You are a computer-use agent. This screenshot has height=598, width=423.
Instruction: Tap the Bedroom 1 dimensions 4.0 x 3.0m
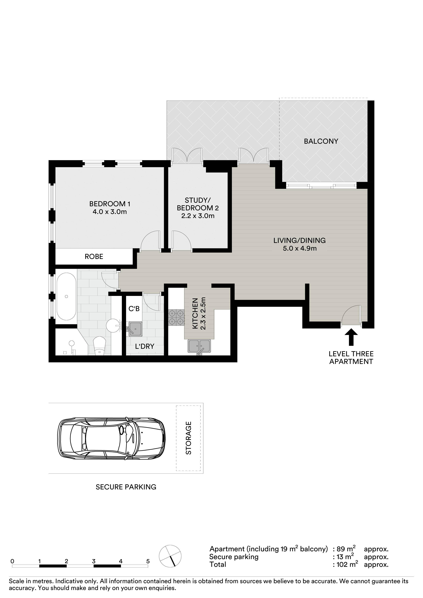[110, 212]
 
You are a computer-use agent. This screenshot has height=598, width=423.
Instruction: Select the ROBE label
[94, 257]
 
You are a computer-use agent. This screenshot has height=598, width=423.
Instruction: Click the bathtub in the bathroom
[66, 296]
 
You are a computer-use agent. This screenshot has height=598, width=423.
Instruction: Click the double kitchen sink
[199, 346]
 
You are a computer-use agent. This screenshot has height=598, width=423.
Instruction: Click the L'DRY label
[145, 346]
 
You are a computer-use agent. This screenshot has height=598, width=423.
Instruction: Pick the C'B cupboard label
[134, 309]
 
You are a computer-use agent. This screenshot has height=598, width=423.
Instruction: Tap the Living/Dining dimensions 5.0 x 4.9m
[300, 249]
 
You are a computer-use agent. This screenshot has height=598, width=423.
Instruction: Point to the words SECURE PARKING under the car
[126, 487]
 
